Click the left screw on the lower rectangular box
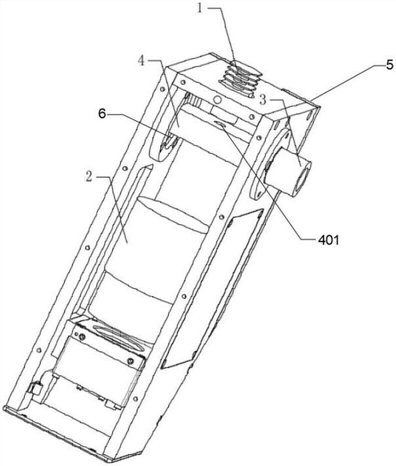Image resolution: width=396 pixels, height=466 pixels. coord(83,336)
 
